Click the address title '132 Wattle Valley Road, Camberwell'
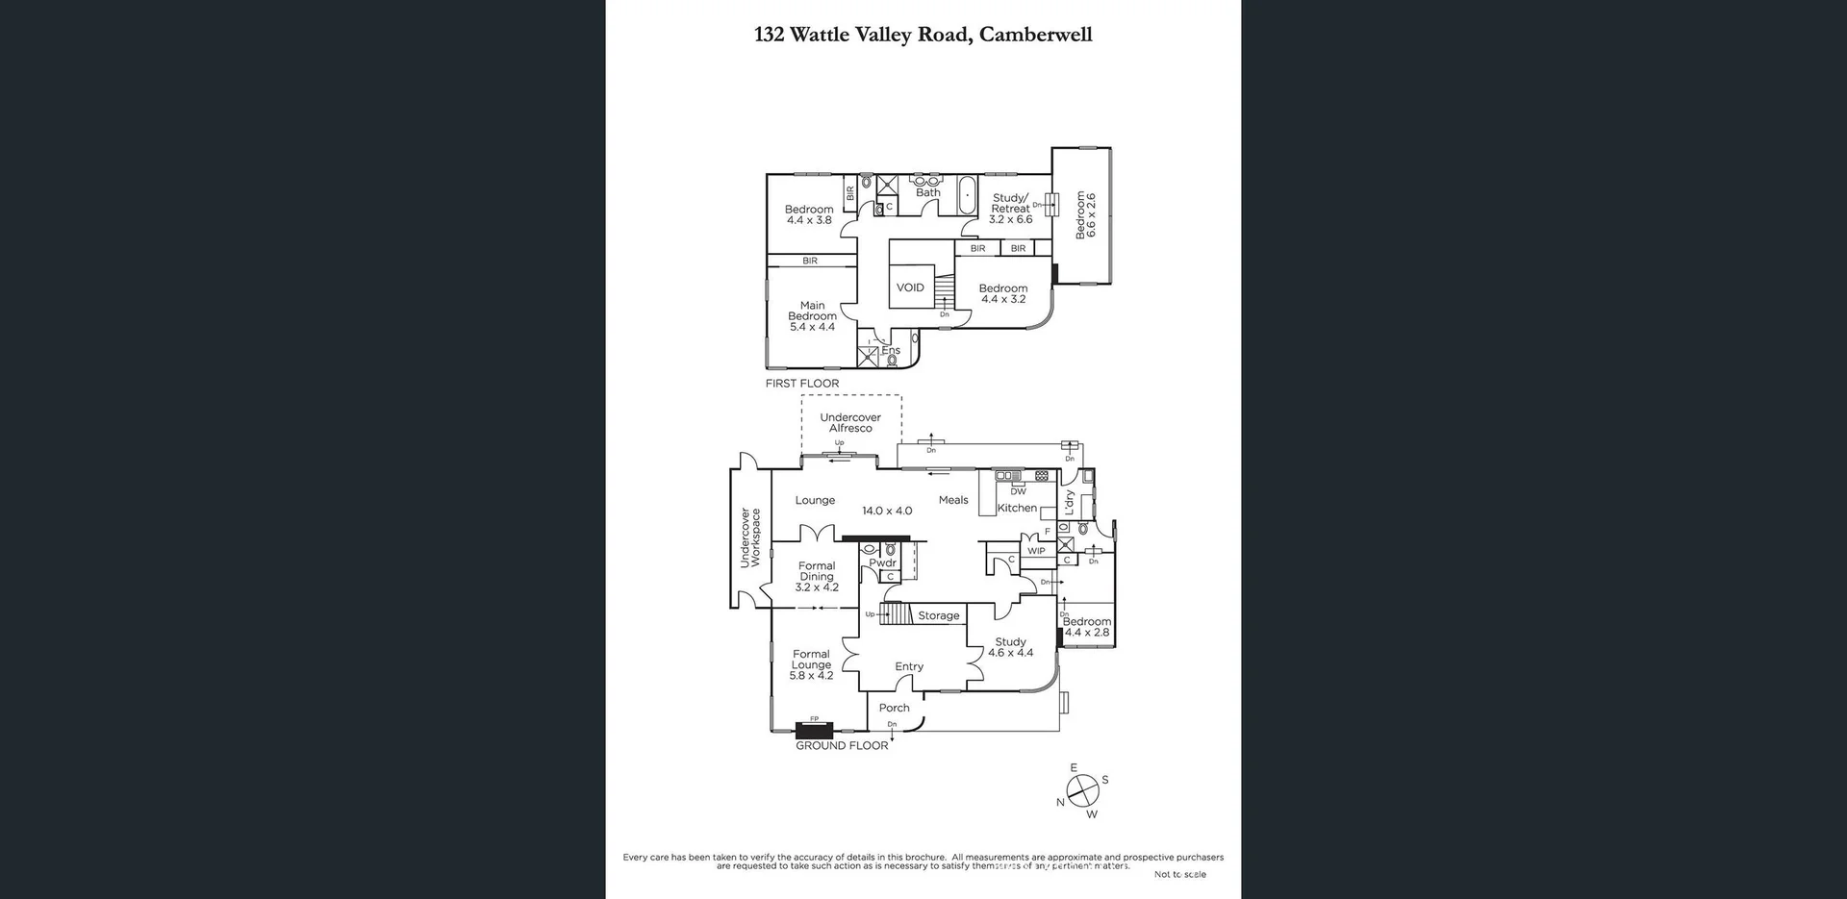[x=923, y=36]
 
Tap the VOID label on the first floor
[x=910, y=287]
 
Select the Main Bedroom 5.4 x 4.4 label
[x=812, y=316]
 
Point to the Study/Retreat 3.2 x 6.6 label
[x=1010, y=209]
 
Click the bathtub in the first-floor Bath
[x=967, y=195]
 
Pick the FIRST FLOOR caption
[x=801, y=384]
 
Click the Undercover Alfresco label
[x=850, y=423]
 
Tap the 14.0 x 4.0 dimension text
[x=886, y=512]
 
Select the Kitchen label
[x=1017, y=508]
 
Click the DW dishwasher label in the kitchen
[x=1018, y=491]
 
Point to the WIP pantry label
[x=1036, y=551]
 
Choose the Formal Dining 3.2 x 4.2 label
[x=817, y=577]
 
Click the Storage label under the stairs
[x=938, y=615]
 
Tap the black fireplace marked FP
[x=814, y=730]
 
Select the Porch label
[x=894, y=708]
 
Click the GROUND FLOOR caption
[x=842, y=746]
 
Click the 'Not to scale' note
[x=1179, y=874]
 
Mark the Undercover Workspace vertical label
[x=749, y=537]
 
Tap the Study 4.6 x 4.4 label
[x=1010, y=647]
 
